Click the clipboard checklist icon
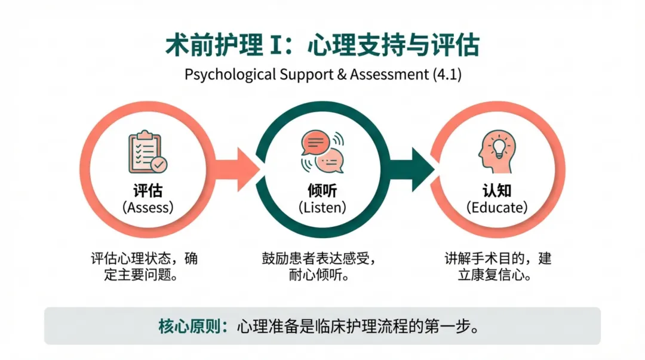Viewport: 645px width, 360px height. click(148, 153)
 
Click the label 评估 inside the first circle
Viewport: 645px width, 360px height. click(148, 191)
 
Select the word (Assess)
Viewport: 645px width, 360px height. click(148, 208)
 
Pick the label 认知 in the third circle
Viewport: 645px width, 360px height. click(497, 191)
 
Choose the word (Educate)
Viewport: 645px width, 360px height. click(497, 208)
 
